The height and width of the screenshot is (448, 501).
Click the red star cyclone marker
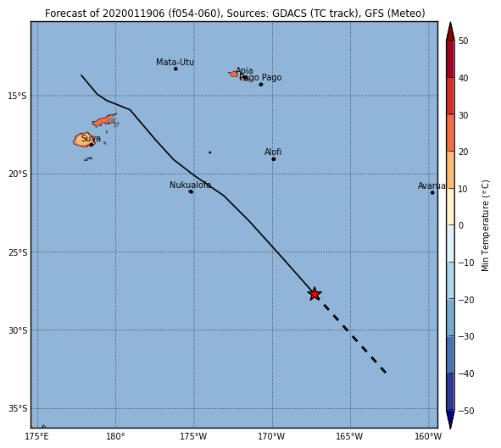[315, 294]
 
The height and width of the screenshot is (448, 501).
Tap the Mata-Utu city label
[175, 62]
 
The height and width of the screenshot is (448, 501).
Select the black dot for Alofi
[274, 159]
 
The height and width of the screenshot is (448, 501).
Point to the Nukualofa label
[190, 185]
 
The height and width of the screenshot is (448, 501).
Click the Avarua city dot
[432, 192]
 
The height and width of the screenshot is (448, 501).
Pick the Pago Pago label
[260, 78]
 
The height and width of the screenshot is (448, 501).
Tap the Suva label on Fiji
[91, 138]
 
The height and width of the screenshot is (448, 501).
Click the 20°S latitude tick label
[18, 174]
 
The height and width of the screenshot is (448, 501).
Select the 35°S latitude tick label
[18, 409]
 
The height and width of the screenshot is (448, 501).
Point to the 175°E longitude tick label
[36, 436]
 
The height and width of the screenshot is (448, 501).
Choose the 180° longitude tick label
[115, 436]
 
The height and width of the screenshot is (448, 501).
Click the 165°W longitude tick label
[349, 436]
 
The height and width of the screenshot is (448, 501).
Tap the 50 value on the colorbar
[463, 41]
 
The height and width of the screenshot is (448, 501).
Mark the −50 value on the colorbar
[466, 411]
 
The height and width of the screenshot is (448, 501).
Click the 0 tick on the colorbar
[461, 225]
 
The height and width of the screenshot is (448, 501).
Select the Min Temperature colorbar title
[485, 225]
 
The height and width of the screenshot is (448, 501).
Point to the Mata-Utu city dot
[175, 69]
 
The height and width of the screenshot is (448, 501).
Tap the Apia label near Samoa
[244, 70]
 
